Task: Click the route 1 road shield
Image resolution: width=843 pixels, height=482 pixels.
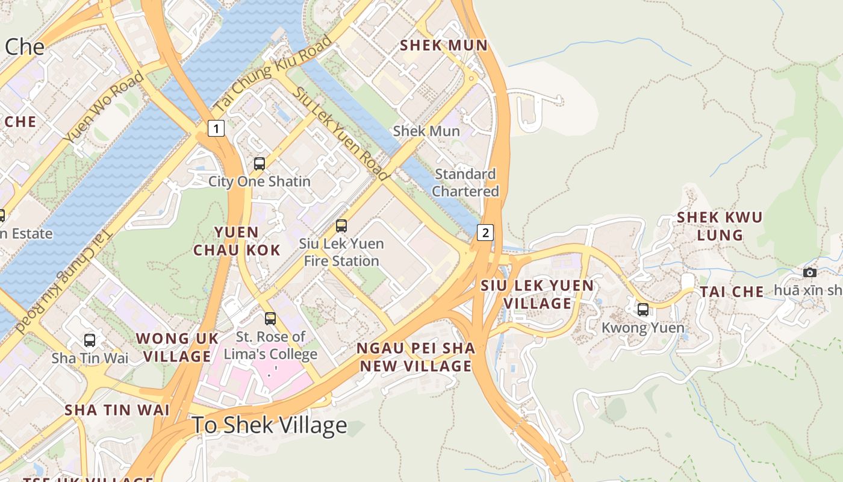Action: [217, 128]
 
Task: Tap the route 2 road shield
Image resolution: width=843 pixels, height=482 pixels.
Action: [485, 233]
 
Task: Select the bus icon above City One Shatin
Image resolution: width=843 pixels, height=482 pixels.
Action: [259, 163]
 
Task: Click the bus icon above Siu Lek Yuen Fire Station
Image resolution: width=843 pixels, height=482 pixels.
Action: [341, 226]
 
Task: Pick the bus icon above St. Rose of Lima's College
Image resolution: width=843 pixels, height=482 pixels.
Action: [270, 318]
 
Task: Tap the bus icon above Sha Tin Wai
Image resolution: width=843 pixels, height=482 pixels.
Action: [90, 340]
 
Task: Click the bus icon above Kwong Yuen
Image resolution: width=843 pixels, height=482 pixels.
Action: [643, 310]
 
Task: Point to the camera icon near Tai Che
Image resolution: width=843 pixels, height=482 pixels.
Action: [810, 272]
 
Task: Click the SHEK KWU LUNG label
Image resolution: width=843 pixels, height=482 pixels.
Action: [720, 226]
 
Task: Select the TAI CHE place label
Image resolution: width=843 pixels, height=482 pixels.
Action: [732, 292]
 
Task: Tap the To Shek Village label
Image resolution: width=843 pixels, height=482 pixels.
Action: [269, 425]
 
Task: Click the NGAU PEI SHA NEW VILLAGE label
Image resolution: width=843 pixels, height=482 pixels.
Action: [415, 357]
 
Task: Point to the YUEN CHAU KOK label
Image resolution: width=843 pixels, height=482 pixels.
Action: [237, 241]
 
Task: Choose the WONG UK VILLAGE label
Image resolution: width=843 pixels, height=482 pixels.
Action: [178, 347]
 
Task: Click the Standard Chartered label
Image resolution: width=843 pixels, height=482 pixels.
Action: [465, 183]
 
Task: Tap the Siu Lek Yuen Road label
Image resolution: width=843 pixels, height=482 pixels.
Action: [341, 133]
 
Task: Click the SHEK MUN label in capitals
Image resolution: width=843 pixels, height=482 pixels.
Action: [444, 45]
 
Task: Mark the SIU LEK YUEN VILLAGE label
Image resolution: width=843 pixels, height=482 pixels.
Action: [537, 294]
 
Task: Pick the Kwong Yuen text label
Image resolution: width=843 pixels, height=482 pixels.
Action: [643, 328]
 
